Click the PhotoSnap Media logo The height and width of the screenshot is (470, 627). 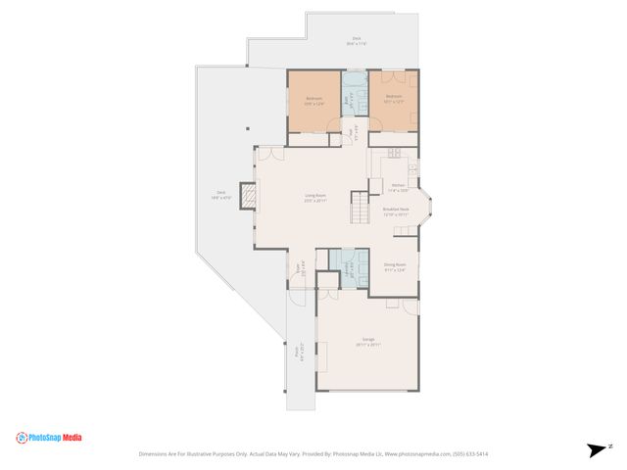[49, 438]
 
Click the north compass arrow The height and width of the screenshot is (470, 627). [598, 450]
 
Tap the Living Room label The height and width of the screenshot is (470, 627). [314, 197]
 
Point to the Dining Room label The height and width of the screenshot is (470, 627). [395, 265]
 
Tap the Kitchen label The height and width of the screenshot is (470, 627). [398, 187]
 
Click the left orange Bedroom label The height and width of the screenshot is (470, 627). [313, 100]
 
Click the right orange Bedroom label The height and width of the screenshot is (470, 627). [394, 98]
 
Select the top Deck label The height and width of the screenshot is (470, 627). [356, 41]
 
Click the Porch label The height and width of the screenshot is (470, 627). [298, 345]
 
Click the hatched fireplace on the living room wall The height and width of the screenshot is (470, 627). [252, 200]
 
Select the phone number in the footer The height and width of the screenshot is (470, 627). [470, 454]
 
